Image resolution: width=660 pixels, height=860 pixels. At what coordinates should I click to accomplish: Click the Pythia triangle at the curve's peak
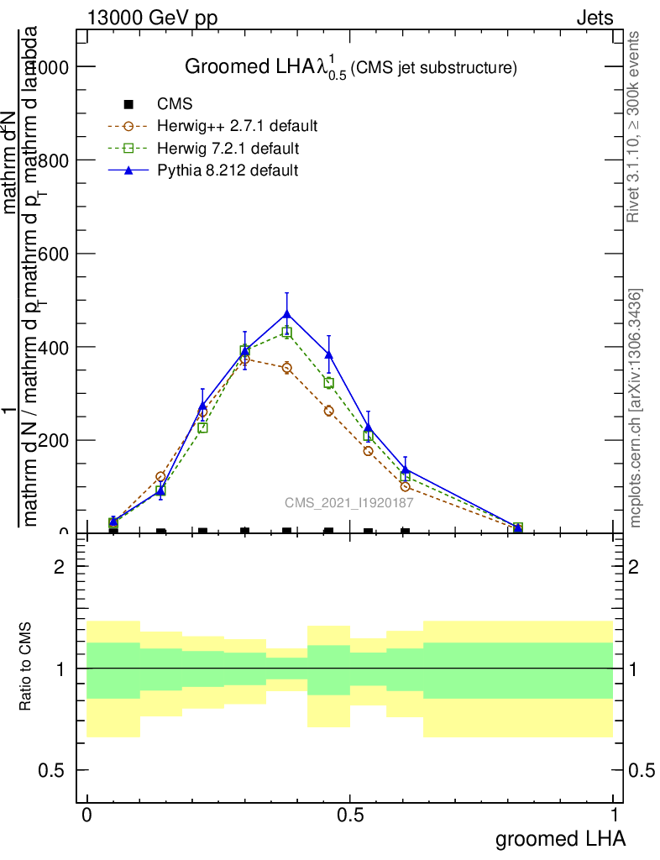[x=287, y=314]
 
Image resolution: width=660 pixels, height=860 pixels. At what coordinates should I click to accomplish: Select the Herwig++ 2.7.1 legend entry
[x=237, y=127]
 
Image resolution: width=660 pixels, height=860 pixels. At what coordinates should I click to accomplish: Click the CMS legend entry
[x=175, y=105]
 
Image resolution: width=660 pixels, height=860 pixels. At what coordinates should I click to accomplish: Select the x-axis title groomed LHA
[x=561, y=838]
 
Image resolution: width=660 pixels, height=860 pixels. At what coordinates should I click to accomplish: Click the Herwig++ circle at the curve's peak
[x=245, y=359]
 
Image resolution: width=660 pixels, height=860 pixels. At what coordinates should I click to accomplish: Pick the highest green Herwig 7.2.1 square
[x=287, y=333]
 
